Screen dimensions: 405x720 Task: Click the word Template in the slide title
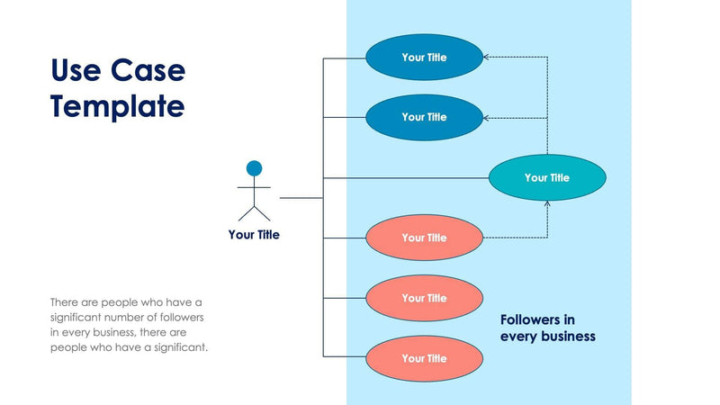tap(118, 106)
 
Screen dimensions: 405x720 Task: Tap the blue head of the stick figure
tap(254, 168)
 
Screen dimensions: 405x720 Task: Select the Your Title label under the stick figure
tap(254, 235)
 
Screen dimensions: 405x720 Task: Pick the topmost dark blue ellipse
tap(424, 58)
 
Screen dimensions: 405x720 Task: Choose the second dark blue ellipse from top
tap(424, 117)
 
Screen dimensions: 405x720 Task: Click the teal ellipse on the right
tap(546, 177)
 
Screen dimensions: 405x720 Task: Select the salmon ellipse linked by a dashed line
tap(424, 238)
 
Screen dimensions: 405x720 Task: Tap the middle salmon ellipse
tap(424, 298)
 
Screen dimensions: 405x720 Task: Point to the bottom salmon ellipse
tap(424, 358)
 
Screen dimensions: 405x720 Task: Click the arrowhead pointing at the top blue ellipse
tap(487, 58)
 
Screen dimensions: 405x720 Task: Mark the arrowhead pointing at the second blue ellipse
tap(487, 117)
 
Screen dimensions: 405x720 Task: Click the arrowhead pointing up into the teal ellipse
tap(547, 204)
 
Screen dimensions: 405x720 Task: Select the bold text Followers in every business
tap(547, 328)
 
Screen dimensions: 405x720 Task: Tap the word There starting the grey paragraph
tap(65, 302)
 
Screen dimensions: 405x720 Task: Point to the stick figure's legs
tap(254, 212)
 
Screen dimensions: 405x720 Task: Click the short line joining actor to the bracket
tap(301, 197)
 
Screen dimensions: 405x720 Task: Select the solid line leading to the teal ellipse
tap(405, 177)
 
